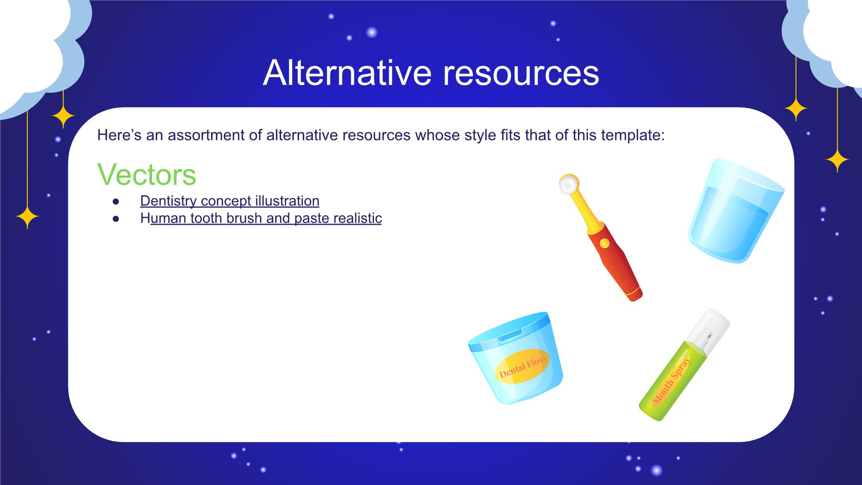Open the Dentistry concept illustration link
229,201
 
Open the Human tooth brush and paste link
261,218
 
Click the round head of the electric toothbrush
568,184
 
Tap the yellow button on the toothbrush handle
605,243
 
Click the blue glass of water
735,210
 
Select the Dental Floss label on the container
522,366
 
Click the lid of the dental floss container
509,328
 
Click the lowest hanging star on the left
27,217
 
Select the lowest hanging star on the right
837,160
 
